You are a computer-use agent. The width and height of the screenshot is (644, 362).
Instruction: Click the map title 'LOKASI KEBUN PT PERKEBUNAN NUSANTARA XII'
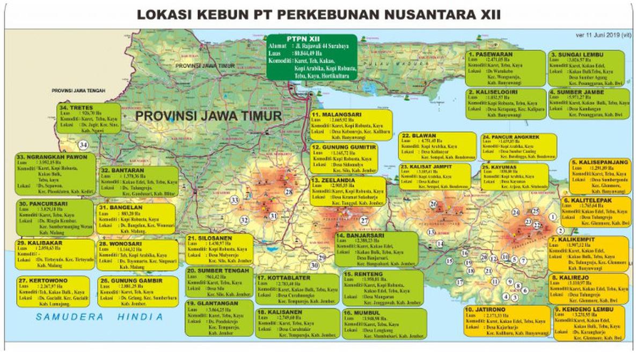pyautogui.click(x=319, y=14)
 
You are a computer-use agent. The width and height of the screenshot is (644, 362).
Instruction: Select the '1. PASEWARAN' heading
pyautogui.click(x=491, y=55)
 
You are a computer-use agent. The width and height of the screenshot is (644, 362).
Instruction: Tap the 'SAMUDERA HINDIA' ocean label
pyautogui.click(x=99, y=317)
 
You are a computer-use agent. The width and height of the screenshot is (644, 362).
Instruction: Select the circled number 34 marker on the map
pyautogui.click(x=83, y=145)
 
